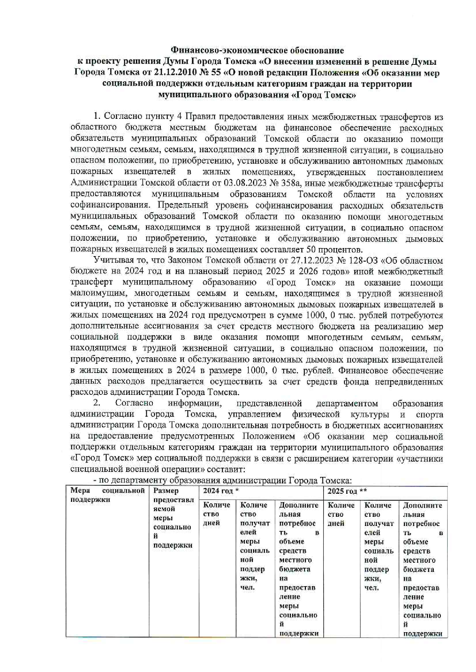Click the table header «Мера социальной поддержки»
tap(107, 495)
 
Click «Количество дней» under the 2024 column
tap(217, 514)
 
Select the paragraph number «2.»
tap(97, 403)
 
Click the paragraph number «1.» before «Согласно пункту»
tap(97, 117)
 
